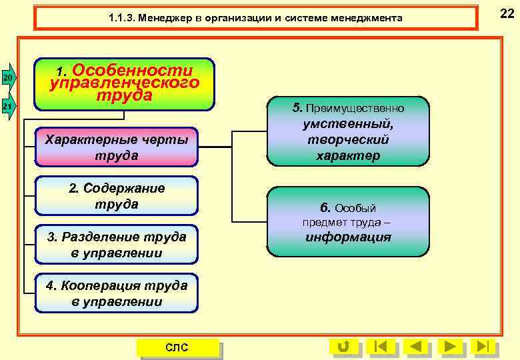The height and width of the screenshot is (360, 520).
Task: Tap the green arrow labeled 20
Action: (7, 79)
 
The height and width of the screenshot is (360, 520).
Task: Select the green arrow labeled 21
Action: (7, 107)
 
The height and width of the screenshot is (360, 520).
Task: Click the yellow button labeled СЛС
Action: (177, 347)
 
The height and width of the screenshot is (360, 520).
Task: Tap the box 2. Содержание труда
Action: (117, 196)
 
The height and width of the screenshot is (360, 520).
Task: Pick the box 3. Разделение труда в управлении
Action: (117, 245)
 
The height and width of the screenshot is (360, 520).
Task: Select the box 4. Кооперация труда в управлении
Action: (117, 293)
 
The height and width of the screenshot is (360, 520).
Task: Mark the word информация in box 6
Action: (348, 237)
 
